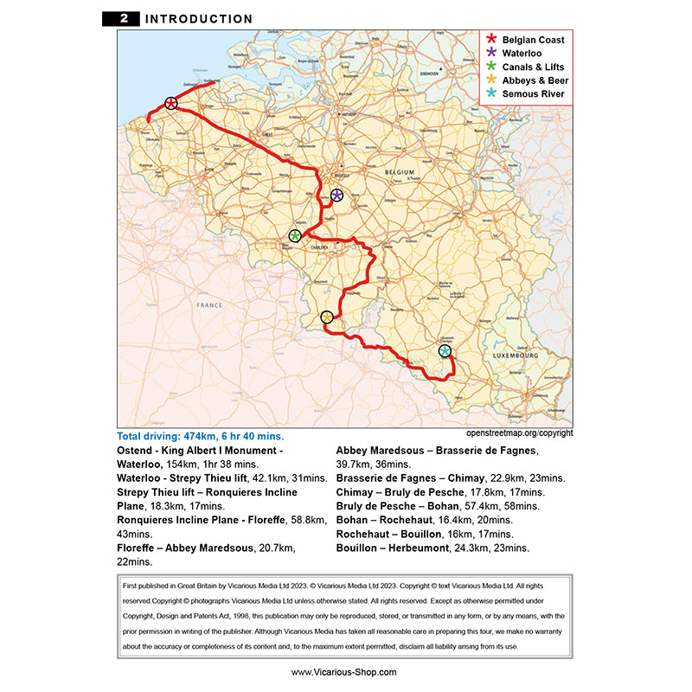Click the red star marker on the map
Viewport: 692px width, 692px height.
[x=171, y=104]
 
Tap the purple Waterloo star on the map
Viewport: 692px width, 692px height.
[x=336, y=195]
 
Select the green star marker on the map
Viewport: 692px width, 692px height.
[x=295, y=235]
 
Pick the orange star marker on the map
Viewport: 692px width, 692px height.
[x=327, y=317]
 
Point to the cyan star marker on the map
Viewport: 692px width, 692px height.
[x=445, y=351]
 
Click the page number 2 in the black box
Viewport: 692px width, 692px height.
[x=125, y=19]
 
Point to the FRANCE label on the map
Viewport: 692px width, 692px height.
[x=209, y=305]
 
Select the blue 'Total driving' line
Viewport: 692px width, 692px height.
[x=200, y=436]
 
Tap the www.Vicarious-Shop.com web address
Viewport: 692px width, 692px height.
[x=344, y=672]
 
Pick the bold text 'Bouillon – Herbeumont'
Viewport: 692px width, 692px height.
[x=397, y=548]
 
